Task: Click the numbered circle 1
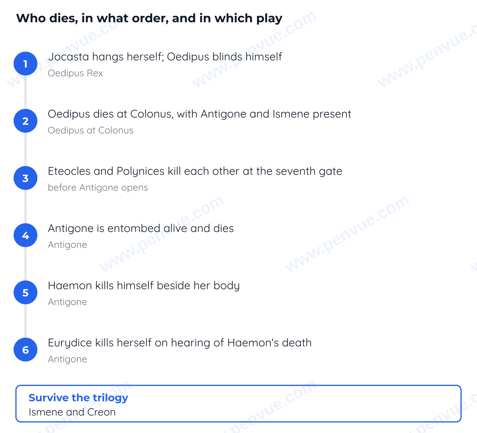[25, 63]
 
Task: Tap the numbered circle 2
[25, 121]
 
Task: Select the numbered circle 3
[25, 178]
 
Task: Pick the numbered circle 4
[25, 235]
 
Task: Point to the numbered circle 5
[25, 292]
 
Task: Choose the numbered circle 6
[25, 350]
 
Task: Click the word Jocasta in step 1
[69, 57]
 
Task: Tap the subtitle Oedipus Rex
[75, 73]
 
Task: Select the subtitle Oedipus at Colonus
[91, 130]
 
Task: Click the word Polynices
[140, 171]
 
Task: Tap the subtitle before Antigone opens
[98, 187]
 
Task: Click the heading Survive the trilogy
[78, 398]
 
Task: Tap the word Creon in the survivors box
[101, 412]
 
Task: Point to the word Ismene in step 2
[291, 114]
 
